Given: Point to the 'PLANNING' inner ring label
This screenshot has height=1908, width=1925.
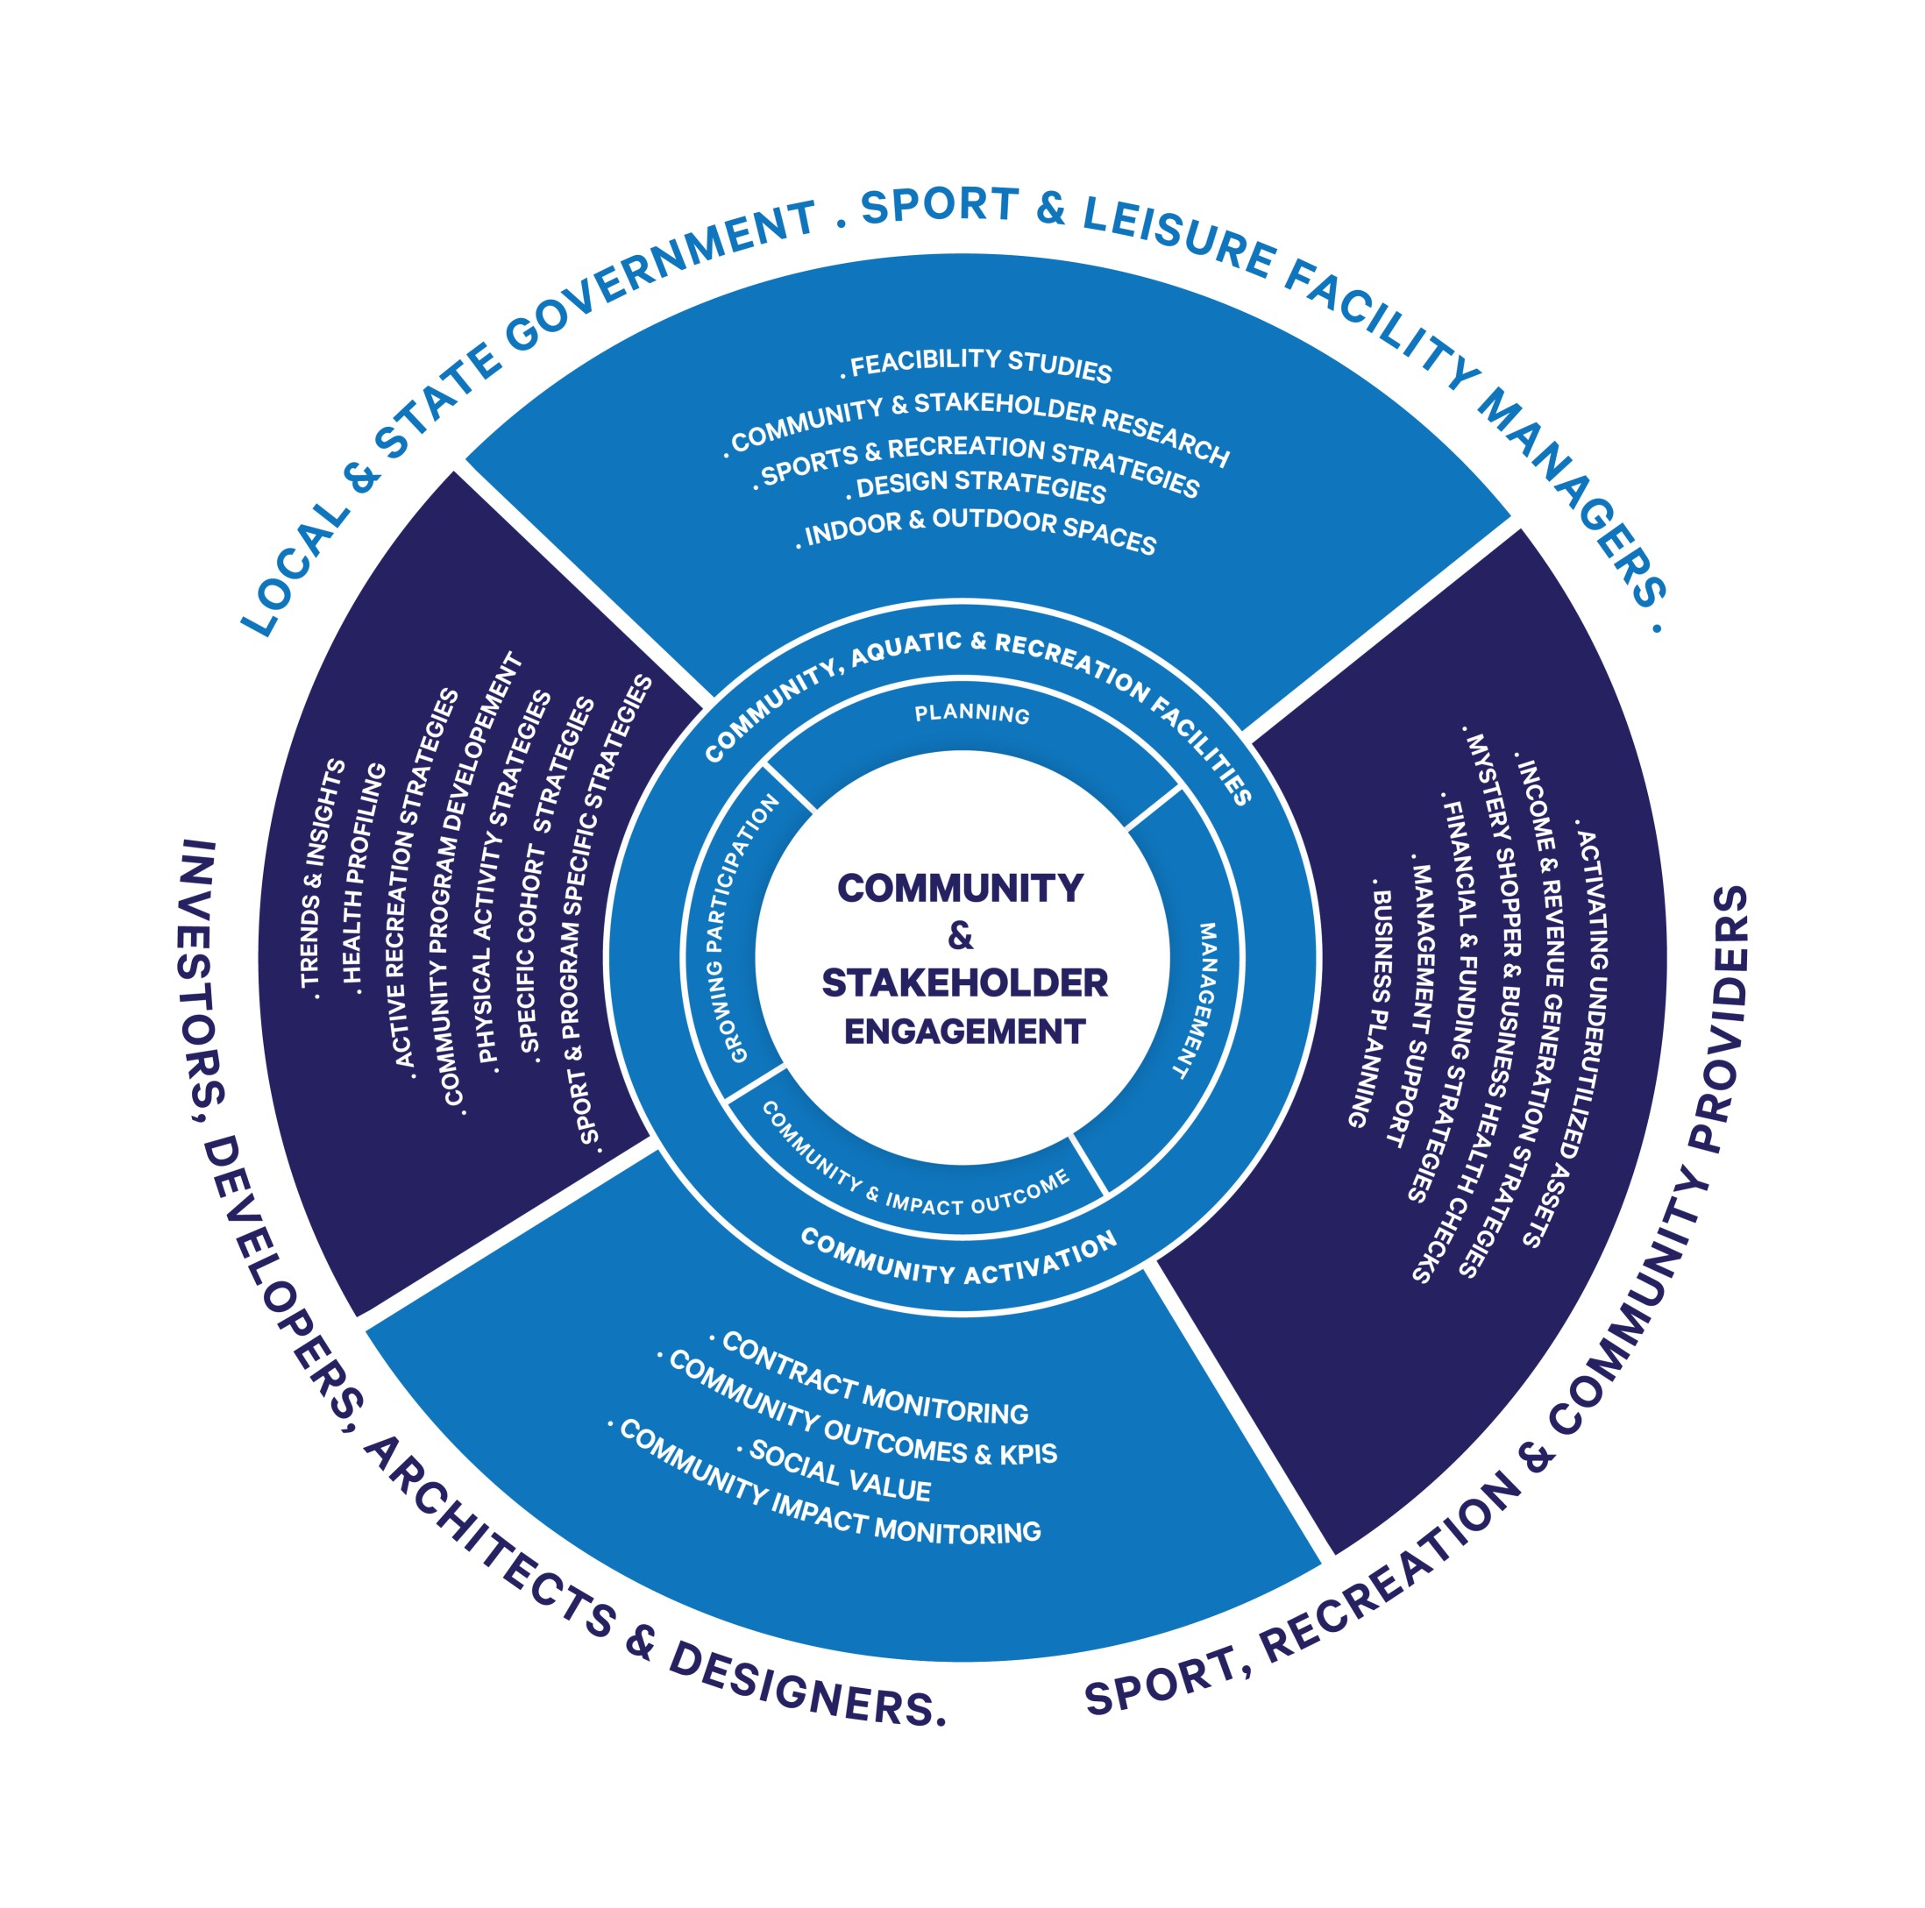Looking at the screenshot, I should (x=972, y=713).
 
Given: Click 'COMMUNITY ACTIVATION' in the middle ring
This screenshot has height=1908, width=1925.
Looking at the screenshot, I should (x=958, y=1260).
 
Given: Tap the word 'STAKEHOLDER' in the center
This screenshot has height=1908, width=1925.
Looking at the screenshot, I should (x=964, y=983).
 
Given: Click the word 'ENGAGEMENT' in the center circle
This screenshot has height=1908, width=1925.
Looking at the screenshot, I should (x=964, y=1032).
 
